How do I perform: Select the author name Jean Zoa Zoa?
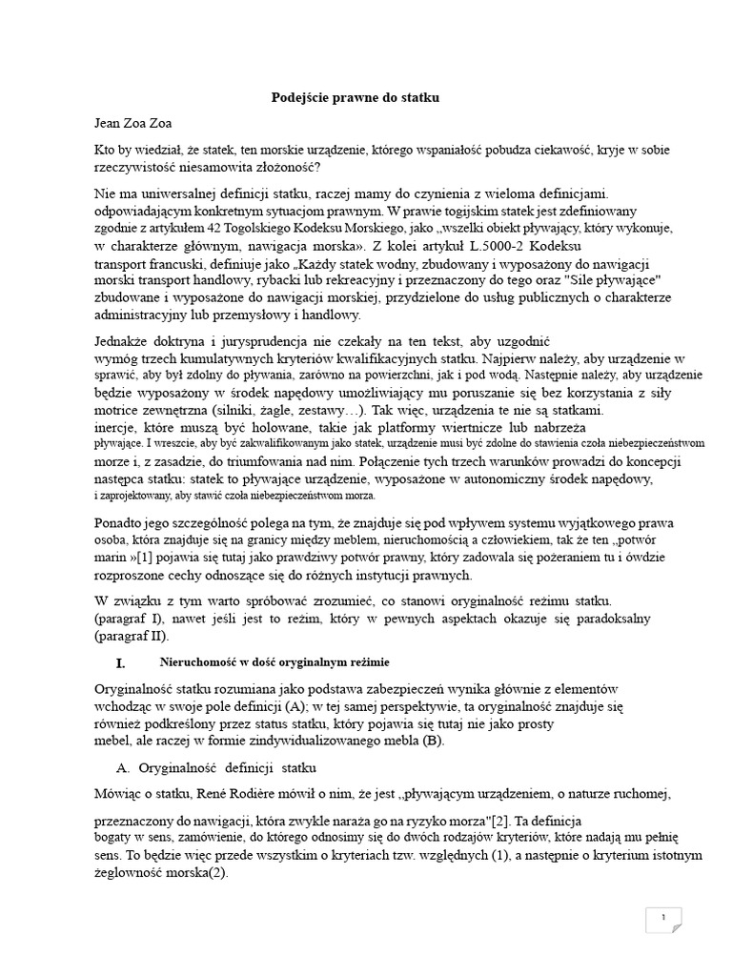[133, 122]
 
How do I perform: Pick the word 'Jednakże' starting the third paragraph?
[126, 340]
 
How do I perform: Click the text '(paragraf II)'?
[132, 636]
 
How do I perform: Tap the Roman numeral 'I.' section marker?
[119, 661]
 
